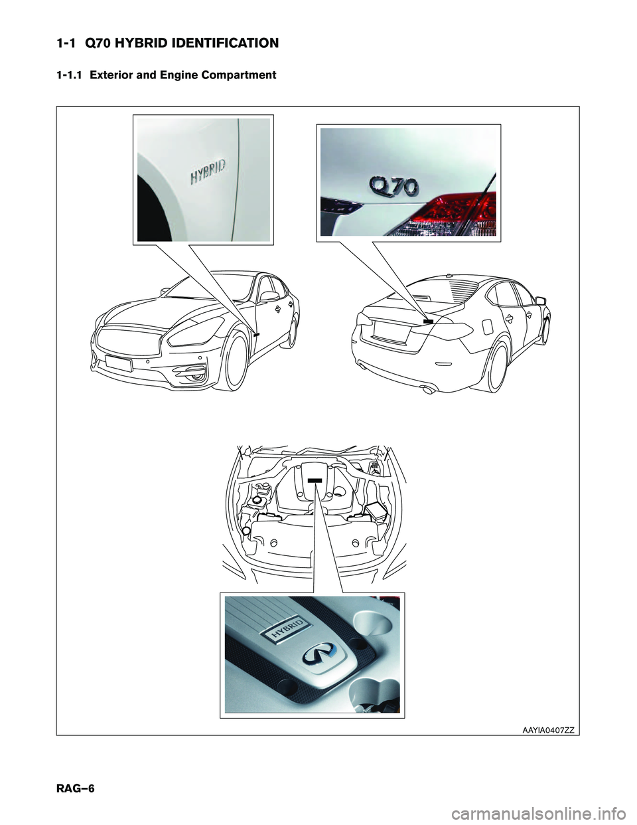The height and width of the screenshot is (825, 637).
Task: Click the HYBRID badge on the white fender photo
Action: click(x=208, y=172)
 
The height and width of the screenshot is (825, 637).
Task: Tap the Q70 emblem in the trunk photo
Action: click(x=394, y=187)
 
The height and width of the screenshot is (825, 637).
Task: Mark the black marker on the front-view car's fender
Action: click(x=256, y=335)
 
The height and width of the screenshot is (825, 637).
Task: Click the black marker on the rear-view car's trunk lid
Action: click(x=428, y=321)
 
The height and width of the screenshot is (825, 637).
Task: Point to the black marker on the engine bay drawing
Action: click(x=315, y=480)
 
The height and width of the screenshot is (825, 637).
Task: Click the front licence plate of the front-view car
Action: click(x=119, y=363)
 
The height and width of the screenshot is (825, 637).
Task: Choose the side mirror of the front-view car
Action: click(x=268, y=296)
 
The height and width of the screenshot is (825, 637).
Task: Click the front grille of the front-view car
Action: click(x=129, y=340)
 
